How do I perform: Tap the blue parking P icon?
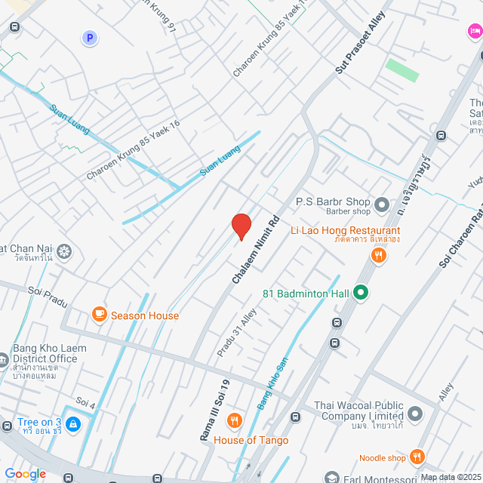90,37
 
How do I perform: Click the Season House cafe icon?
98,314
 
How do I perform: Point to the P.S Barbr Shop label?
333,202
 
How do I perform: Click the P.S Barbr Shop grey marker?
382,203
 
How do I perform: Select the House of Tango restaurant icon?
235,421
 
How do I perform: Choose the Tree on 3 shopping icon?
72,425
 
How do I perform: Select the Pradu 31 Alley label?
237,333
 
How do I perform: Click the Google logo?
25,473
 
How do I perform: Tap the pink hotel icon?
474,31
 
